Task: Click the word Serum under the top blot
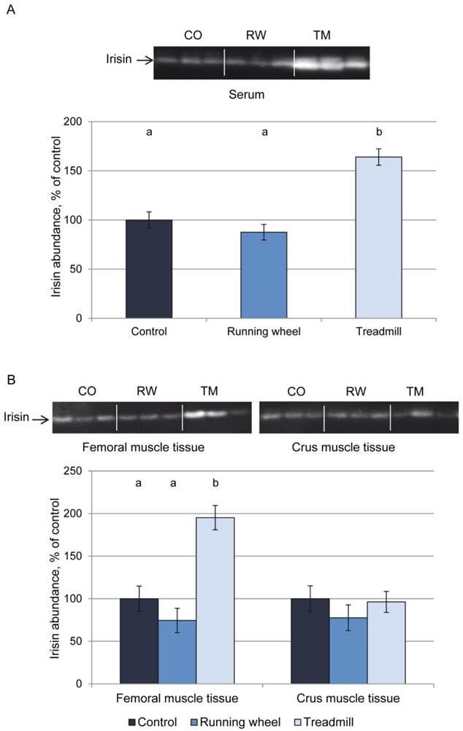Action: tap(261, 94)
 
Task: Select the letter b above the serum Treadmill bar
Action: tap(378, 132)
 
